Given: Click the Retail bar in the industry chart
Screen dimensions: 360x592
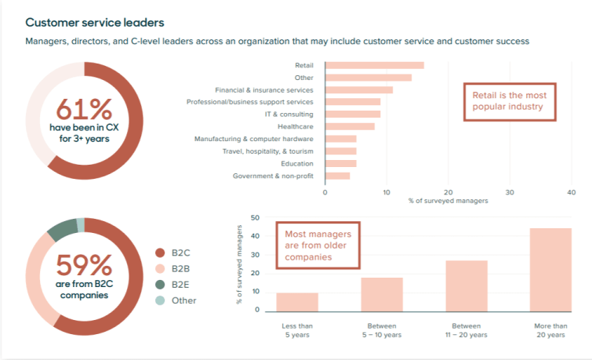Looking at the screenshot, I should click(x=374, y=65).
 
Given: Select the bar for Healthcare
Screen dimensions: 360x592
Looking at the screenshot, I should click(x=350, y=126).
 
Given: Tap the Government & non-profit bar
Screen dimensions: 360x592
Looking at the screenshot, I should click(x=337, y=176).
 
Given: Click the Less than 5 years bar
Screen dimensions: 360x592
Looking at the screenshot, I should click(x=297, y=301).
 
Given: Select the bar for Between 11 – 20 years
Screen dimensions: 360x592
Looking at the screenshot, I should click(x=467, y=285).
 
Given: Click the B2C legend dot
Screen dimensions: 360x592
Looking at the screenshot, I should click(x=161, y=253).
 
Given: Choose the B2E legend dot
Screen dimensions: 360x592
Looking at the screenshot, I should click(x=161, y=284).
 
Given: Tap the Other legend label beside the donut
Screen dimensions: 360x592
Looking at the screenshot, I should click(x=183, y=300).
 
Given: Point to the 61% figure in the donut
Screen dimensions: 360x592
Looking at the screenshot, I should click(x=84, y=108).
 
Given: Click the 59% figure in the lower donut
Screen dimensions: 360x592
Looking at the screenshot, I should click(x=84, y=265).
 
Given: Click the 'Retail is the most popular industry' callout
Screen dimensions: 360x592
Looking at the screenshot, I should click(x=509, y=100).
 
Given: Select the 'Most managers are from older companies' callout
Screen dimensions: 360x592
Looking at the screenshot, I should click(x=318, y=245).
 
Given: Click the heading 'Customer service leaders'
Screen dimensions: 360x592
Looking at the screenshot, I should click(x=100, y=23).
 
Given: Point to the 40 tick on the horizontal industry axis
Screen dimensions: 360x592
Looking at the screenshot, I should click(x=571, y=191).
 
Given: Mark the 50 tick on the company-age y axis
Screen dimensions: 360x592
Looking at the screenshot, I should click(x=255, y=217).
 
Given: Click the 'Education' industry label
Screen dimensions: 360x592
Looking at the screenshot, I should click(x=297, y=163).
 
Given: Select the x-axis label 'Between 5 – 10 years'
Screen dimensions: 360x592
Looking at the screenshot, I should click(x=382, y=330).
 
